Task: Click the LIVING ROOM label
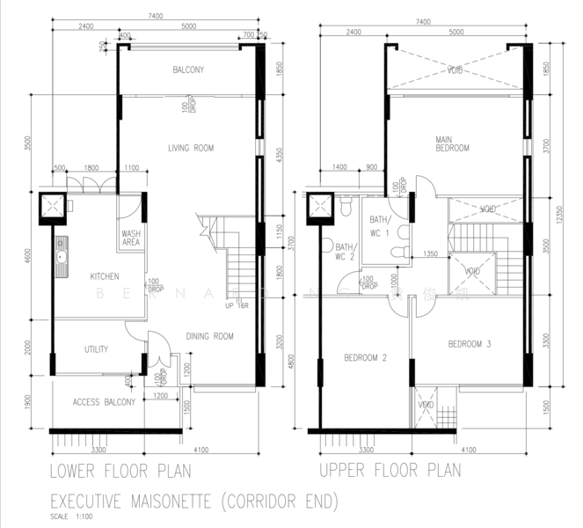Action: coord(191,148)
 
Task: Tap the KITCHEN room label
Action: coord(104,276)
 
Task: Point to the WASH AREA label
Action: coord(131,237)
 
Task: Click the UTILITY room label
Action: coord(96,349)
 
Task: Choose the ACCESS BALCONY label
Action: coord(104,402)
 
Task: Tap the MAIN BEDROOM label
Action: coord(452,143)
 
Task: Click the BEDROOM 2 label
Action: coord(365,357)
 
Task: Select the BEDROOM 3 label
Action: coord(469,343)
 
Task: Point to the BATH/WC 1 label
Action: coord(379,225)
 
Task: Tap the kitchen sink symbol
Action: coord(62,258)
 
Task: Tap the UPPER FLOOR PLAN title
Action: coord(390,470)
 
